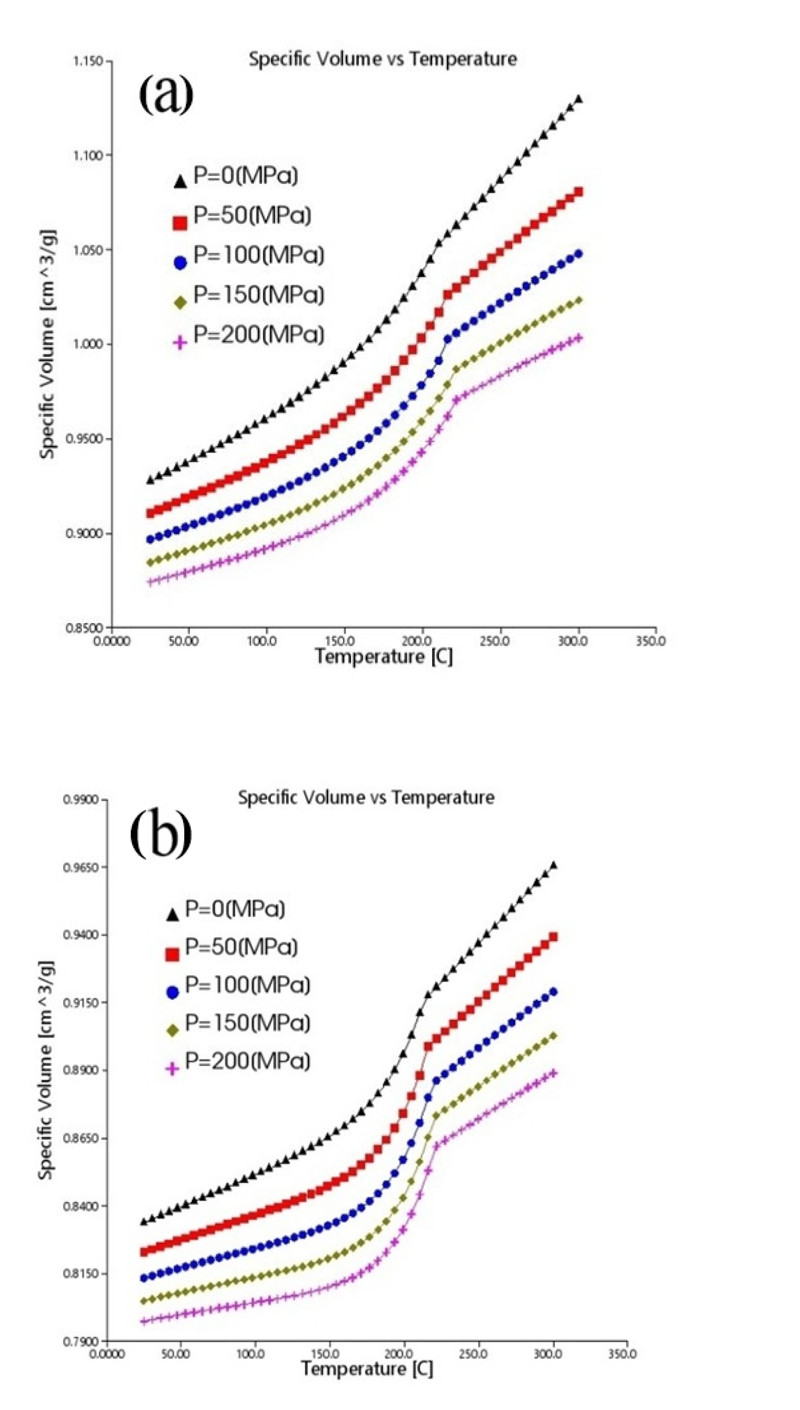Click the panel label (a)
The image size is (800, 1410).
tap(167, 94)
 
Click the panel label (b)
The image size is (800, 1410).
tap(161, 834)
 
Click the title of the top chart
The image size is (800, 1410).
tap(382, 59)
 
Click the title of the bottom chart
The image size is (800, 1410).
tap(366, 797)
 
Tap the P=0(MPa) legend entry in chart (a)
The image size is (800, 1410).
tap(236, 176)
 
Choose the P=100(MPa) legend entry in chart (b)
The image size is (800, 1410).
tap(238, 985)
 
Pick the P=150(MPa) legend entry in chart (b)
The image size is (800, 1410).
tap(238, 1023)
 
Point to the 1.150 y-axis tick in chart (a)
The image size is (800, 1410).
tap(89, 60)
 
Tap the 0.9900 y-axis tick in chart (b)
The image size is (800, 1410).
tap(84, 800)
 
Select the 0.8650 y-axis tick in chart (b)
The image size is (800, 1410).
tap(84, 1138)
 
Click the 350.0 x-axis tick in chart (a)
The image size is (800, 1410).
tap(650, 641)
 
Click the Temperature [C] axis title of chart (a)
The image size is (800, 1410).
tap(384, 656)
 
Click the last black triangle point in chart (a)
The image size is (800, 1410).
tap(578, 99)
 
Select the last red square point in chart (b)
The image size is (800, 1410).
tap(553, 937)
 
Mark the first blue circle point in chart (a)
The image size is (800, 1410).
tap(150, 539)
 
